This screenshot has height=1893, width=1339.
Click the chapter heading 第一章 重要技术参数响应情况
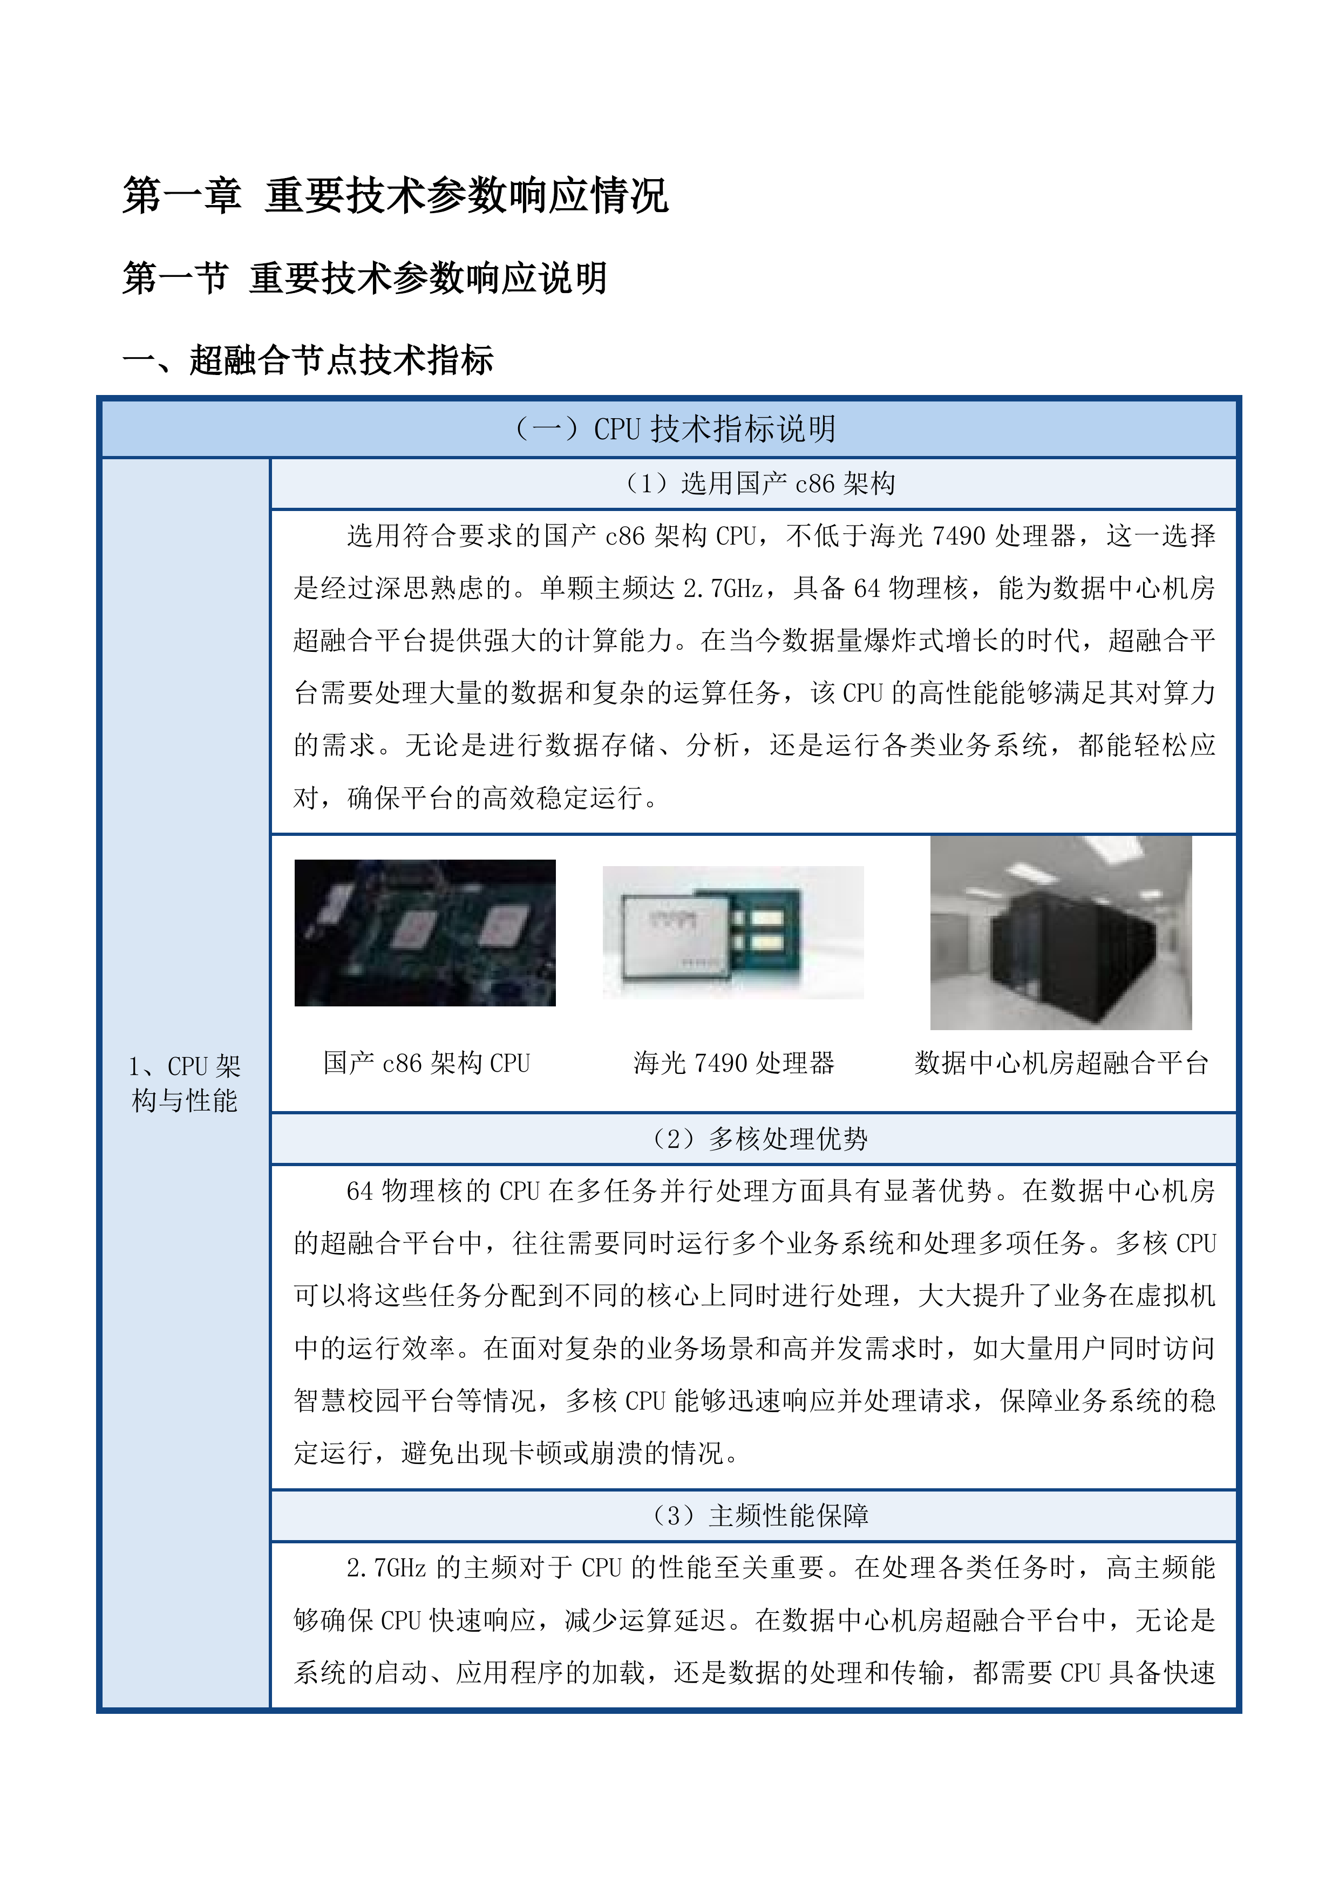click(x=395, y=196)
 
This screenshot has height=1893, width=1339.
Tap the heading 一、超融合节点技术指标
click(x=308, y=360)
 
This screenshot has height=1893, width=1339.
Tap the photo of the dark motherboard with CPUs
click(x=425, y=932)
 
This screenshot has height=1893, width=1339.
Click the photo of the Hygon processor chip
click(x=733, y=932)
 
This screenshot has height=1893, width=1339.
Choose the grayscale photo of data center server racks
click(x=1061, y=932)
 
